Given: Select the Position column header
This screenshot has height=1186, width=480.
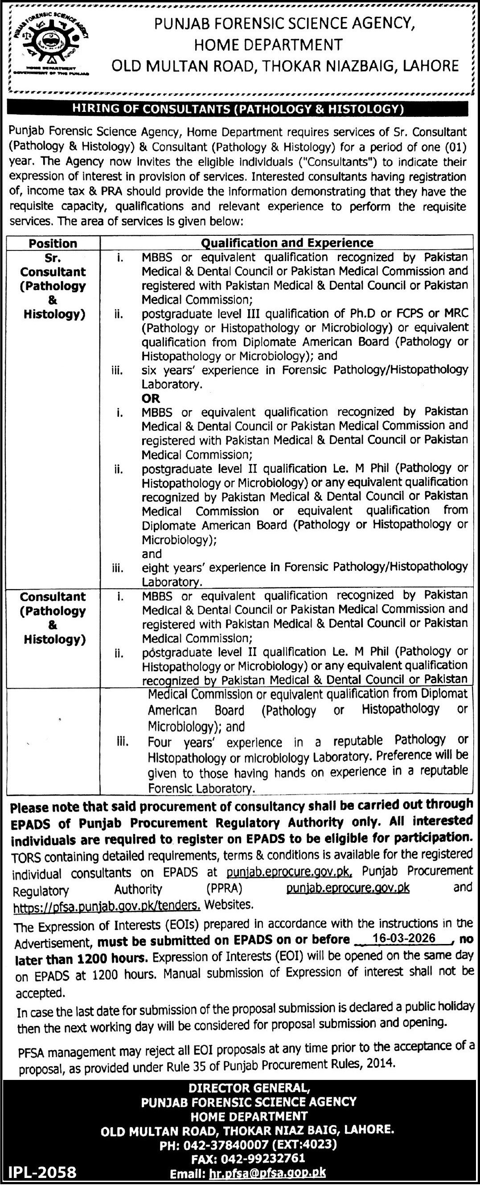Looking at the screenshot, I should [x=53, y=242].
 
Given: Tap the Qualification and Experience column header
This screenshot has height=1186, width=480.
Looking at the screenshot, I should [x=287, y=242].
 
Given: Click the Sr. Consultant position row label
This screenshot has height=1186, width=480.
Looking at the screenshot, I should [x=53, y=286].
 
